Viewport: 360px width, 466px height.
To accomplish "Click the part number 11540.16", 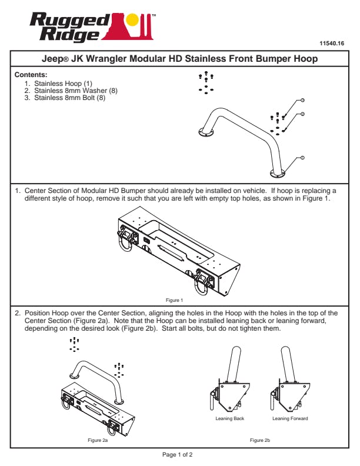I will point(331,44).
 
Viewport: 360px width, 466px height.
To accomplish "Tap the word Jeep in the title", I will point(56,59).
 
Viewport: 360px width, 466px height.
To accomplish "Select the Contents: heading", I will point(31,75).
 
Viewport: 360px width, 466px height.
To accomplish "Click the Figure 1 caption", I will point(174,300).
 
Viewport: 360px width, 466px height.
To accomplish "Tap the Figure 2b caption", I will point(259,440).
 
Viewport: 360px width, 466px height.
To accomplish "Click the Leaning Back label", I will point(230,418).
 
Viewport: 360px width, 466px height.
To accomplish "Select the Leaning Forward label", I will point(290,418).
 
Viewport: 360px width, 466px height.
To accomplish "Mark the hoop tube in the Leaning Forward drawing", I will point(288,362).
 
